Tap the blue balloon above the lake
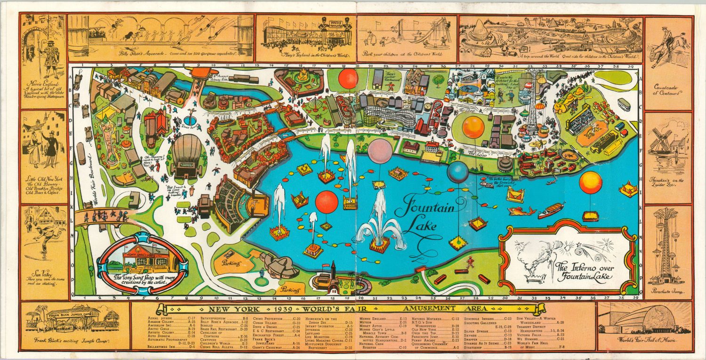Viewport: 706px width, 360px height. click(x=457, y=172)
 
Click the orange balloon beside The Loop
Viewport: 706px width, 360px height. click(x=473, y=127)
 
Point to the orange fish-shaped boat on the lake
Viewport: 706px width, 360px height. click(x=521, y=211)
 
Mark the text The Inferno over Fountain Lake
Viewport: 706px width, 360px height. click(x=586, y=272)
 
